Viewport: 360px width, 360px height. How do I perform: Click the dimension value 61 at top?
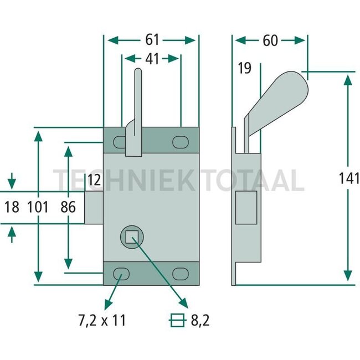click(x=152, y=40)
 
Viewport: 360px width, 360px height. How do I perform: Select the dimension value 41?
click(x=152, y=59)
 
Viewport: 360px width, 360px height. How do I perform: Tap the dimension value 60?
click(x=270, y=40)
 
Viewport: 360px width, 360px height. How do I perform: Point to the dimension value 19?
click(x=244, y=69)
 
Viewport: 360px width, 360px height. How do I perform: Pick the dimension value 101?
click(x=38, y=207)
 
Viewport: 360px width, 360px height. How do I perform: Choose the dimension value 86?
click(x=68, y=207)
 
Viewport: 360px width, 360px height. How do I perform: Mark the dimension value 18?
click(x=12, y=207)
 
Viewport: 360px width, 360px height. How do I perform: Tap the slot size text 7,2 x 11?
click(x=101, y=320)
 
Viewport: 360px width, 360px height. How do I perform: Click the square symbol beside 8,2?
click(x=177, y=320)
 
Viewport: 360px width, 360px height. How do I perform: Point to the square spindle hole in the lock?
click(x=131, y=237)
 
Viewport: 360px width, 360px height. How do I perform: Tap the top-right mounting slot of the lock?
click(x=179, y=142)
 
